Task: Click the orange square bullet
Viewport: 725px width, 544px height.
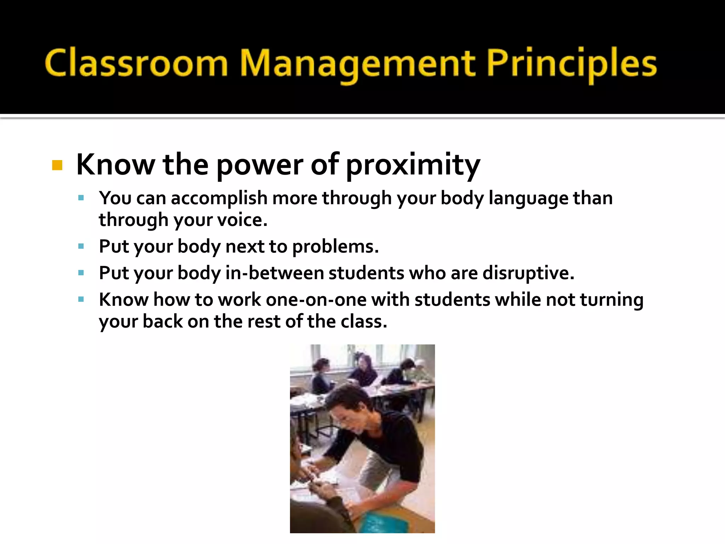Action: tap(57, 165)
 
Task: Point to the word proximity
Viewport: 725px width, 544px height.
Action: tap(413, 165)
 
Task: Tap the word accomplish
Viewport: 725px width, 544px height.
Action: tap(219, 198)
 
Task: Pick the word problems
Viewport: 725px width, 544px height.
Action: tap(335, 246)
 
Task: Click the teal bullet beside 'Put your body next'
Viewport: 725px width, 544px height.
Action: tap(81, 246)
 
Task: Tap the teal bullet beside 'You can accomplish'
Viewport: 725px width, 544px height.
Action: tap(81, 198)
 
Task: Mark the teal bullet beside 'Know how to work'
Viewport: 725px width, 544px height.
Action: tap(81, 300)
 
